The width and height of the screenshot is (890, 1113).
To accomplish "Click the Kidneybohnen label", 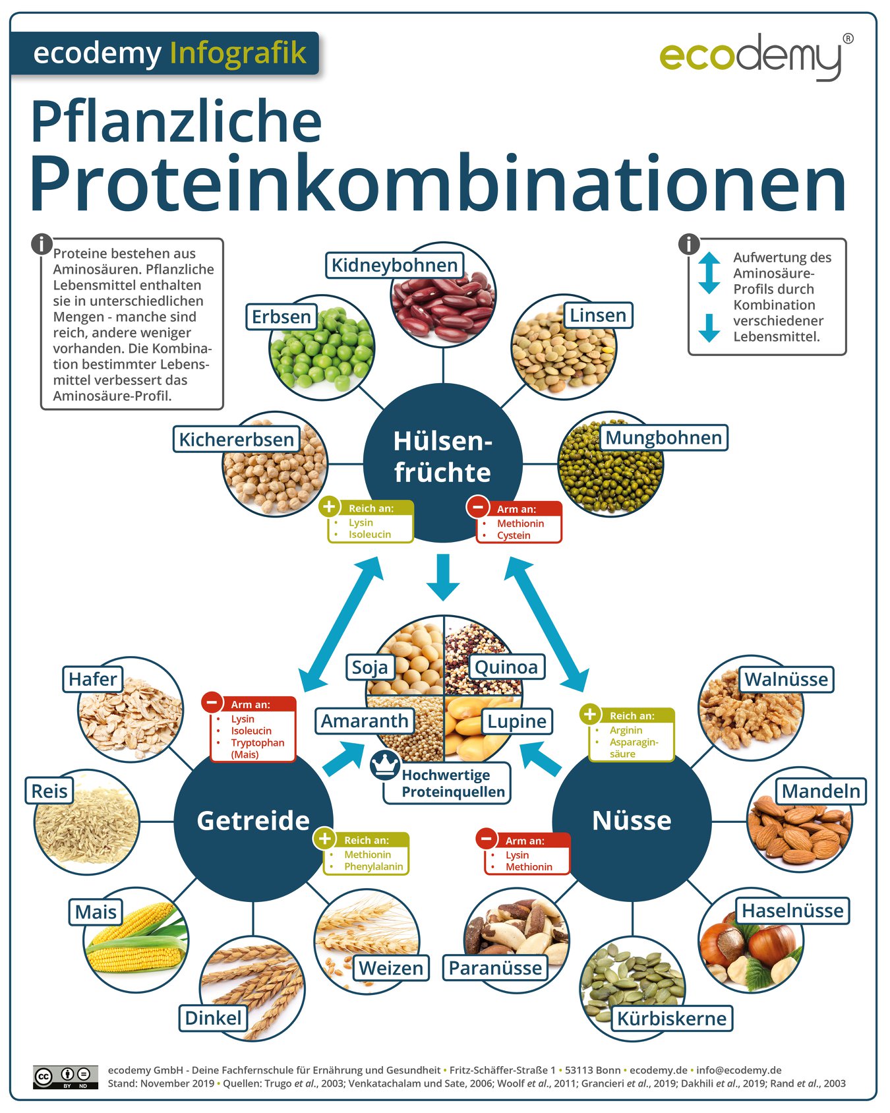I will click(394, 265).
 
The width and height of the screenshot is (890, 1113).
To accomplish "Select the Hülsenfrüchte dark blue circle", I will click(442, 462).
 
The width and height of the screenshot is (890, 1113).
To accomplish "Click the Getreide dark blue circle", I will click(253, 822).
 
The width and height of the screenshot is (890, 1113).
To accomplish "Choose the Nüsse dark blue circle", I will click(632, 822).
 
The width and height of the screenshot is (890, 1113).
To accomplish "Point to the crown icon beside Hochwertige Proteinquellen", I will click(384, 765).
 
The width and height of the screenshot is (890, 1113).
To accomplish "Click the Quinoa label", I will click(506, 667).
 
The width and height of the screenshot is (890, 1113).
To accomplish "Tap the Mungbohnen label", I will click(663, 438).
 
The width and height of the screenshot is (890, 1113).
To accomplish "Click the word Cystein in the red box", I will click(514, 535).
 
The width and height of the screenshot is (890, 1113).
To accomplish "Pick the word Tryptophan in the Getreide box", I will click(257, 742).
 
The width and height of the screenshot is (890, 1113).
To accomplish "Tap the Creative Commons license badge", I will click(65, 1077).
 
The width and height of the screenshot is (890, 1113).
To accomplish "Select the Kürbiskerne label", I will click(671, 1019).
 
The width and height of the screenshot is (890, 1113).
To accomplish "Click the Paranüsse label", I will click(495, 968).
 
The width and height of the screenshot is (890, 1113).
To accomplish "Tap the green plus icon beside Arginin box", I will click(589, 714).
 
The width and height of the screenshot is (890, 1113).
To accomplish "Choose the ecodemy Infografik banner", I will click(165, 53).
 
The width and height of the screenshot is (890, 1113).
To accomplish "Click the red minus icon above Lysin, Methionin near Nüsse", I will click(486, 839).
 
